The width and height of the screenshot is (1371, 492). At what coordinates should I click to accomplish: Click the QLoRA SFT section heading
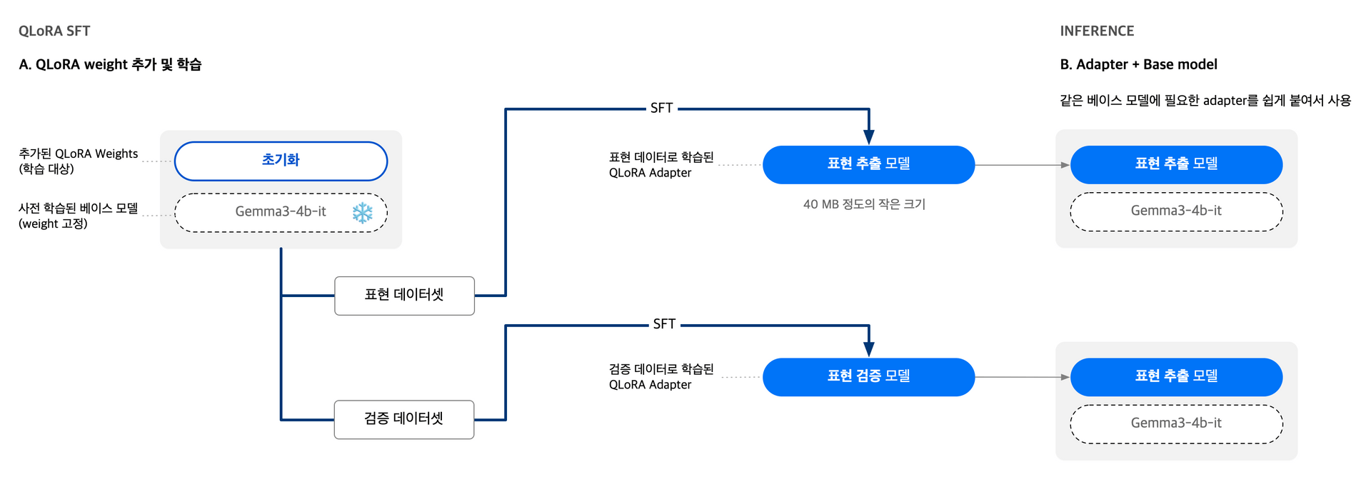click(x=54, y=31)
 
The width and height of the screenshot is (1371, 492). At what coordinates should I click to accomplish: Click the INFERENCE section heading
click(x=1097, y=31)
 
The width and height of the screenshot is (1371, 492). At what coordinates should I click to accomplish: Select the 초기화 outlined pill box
click(x=281, y=161)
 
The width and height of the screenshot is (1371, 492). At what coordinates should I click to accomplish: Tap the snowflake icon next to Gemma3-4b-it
click(x=363, y=213)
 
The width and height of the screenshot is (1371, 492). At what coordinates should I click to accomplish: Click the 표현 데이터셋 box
click(x=404, y=295)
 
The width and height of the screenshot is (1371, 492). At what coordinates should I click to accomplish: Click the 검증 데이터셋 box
click(x=404, y=419)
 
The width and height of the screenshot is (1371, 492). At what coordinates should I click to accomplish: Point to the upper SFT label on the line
click(x=661, y=108)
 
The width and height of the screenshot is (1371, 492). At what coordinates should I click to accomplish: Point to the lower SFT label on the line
click(x=664, y=324)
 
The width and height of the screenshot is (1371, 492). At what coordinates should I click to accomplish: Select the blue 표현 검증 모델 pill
click(x=868, y=376)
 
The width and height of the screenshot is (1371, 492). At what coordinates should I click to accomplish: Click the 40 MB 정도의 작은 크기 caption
click(x=864, y=204)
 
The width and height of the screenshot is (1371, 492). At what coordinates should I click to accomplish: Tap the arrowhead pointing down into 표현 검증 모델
click(x=869, y=349)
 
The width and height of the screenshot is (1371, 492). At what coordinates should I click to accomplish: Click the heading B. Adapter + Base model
click(x=1138, y=64)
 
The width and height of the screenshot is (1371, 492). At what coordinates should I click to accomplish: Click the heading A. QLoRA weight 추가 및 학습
click(x=110, y=64)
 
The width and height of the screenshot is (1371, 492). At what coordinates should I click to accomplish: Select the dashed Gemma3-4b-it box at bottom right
click(x=1176, y=423)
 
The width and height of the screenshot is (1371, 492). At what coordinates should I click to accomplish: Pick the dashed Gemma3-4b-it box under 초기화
click(x=281, y=212)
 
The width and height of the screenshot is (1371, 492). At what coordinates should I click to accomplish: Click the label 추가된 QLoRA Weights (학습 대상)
click(x=78, y=161)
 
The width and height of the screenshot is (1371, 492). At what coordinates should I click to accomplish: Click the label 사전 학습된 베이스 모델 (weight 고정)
click(x=78, y=216)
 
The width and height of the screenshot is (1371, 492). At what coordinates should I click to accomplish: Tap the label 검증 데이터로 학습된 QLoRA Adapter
click(x=661, y=376)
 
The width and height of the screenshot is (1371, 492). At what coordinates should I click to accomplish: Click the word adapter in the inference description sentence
click(x=1224, y=101)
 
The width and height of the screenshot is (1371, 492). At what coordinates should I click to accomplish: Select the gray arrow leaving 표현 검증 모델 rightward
click(x=1021, y=377)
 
